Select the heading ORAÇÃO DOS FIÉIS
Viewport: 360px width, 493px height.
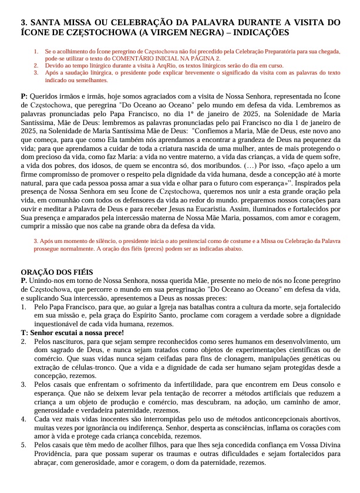coord(57,272)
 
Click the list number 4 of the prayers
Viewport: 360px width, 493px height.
coord(23,420)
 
